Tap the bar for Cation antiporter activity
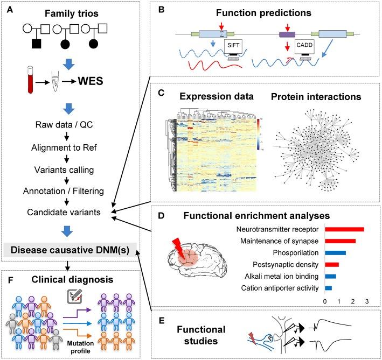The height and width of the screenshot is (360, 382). pos(328,288)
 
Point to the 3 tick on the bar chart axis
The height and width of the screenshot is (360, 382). pos(367,302)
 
